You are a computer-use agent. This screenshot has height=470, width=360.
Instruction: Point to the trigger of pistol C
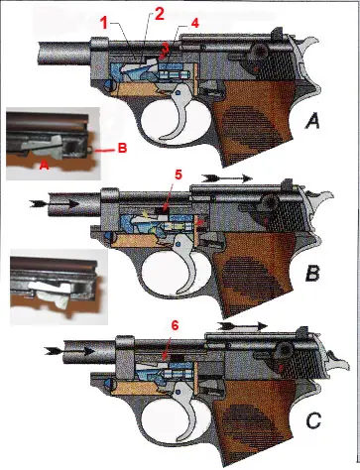pyautogui.click(x=184, y=408)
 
